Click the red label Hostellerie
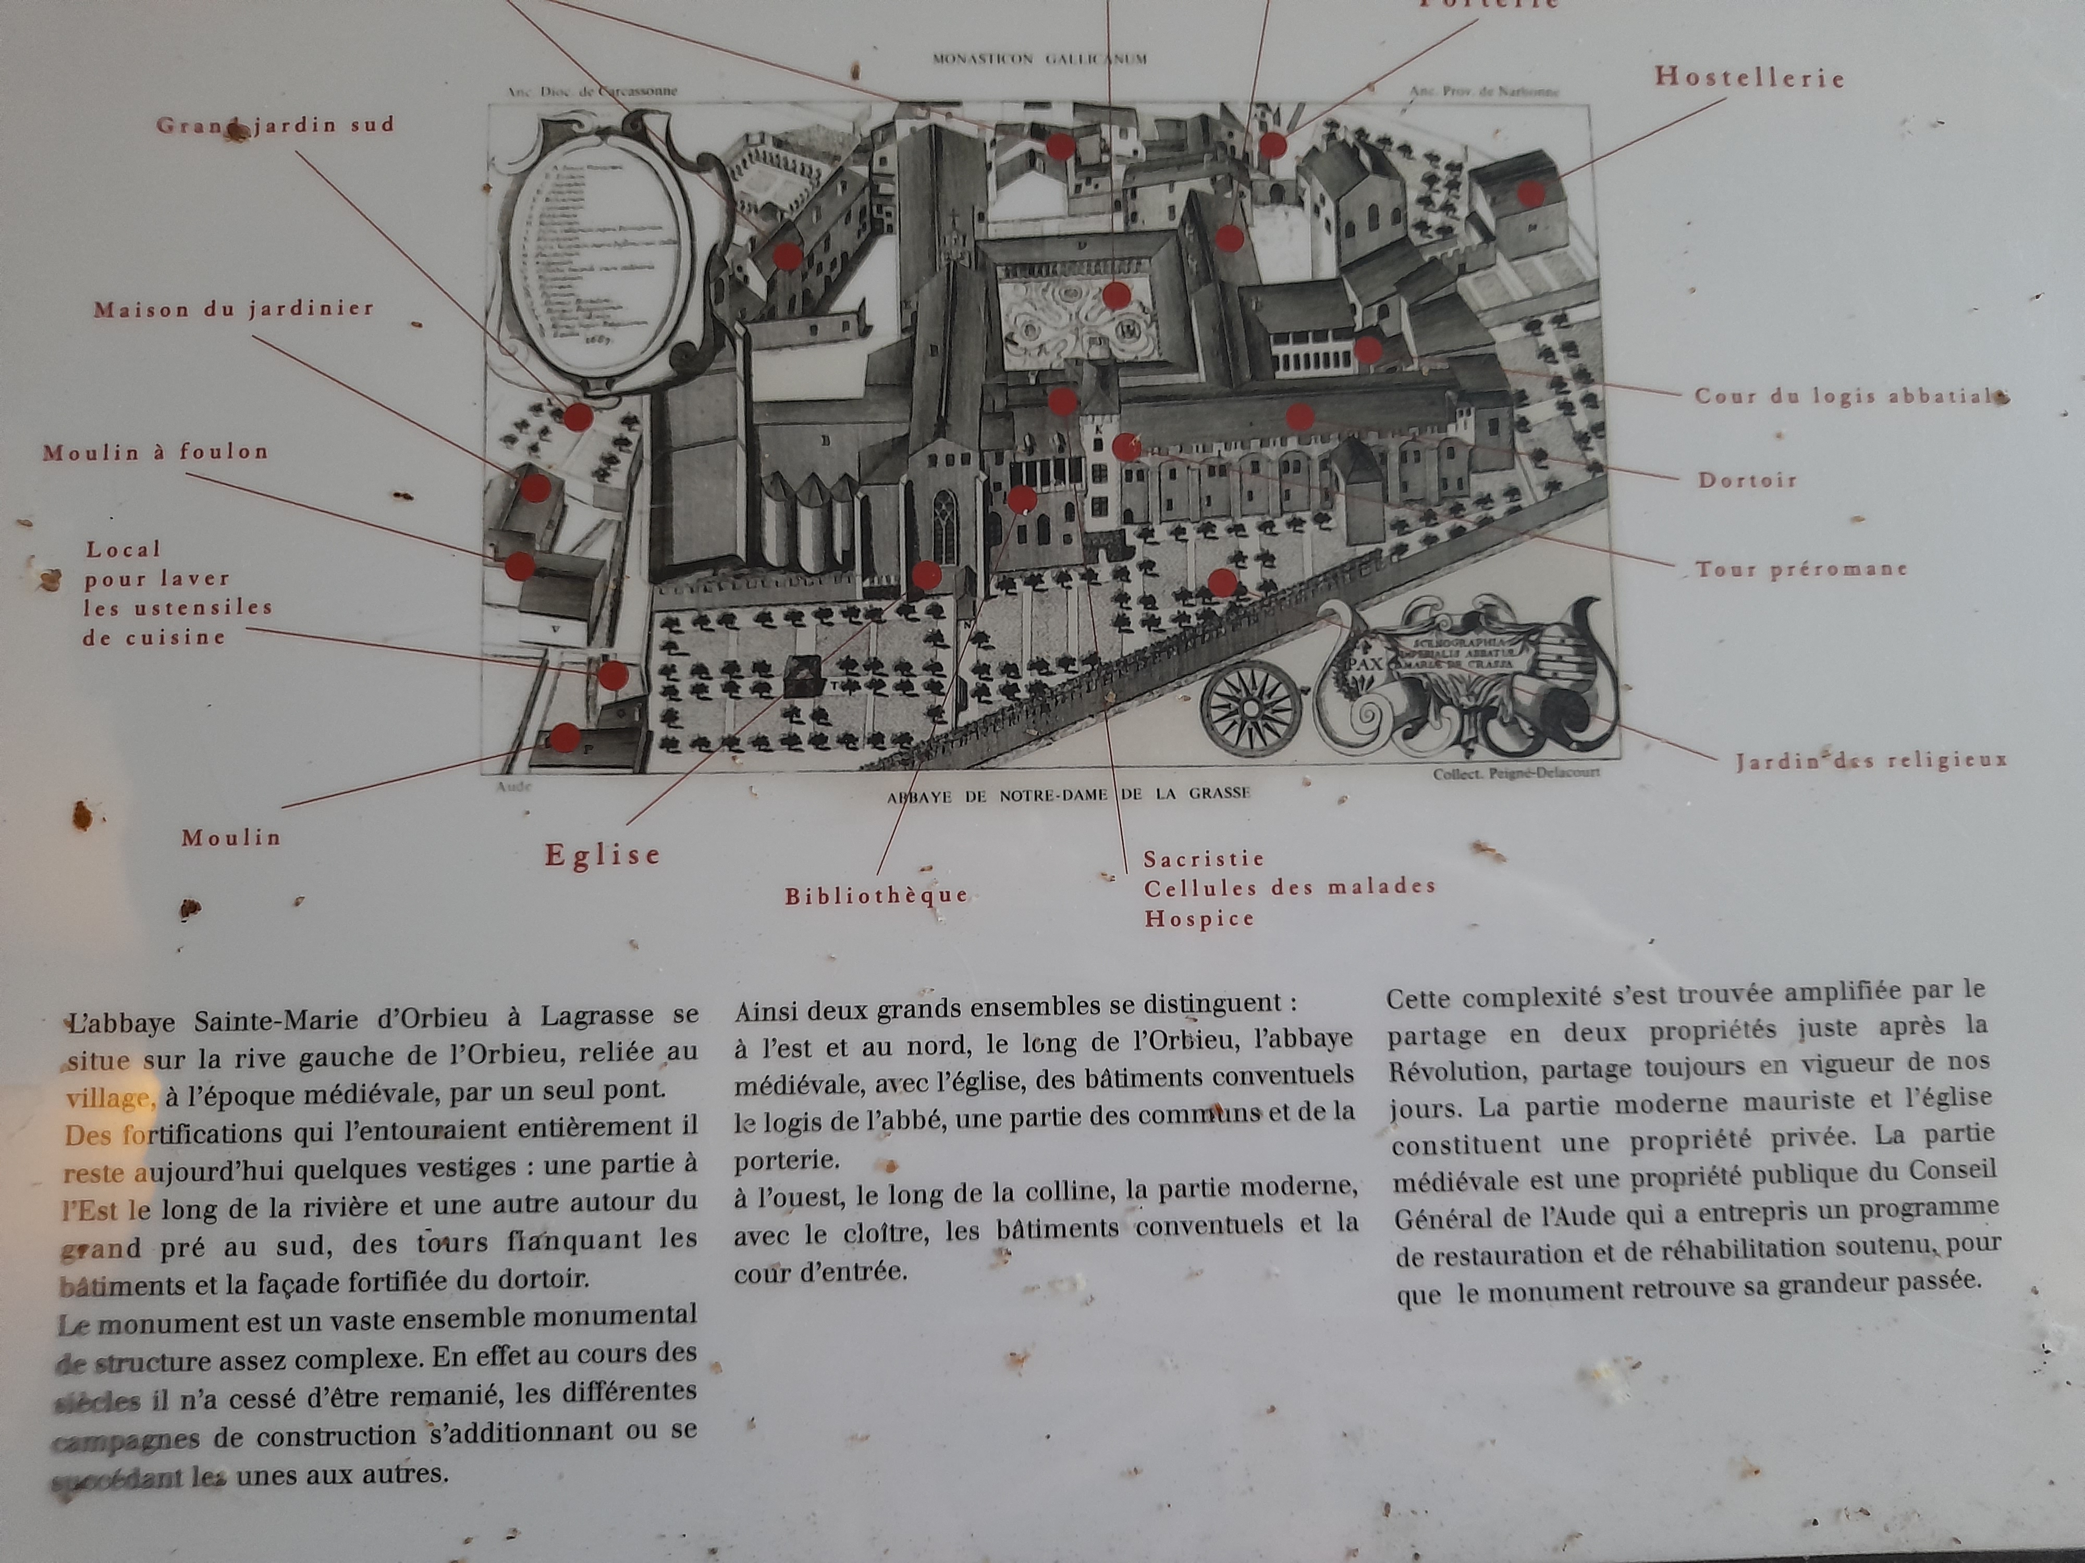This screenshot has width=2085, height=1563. click(x=1749, y=77)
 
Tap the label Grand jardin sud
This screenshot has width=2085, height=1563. click(x=275, y=126)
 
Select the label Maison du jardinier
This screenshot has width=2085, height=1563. click(x=234, y=309)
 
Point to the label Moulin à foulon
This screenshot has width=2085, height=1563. click(x=155, y=452)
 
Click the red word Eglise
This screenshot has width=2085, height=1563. click(x=603, y=855)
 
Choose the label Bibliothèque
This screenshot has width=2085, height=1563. click(x=877, y=895)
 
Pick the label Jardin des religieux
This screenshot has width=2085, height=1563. click(x=1871, y=760)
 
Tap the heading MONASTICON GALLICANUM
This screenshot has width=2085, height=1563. click(x=1039, y=58)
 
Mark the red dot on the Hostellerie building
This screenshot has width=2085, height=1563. click(x=1531, y=195)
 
